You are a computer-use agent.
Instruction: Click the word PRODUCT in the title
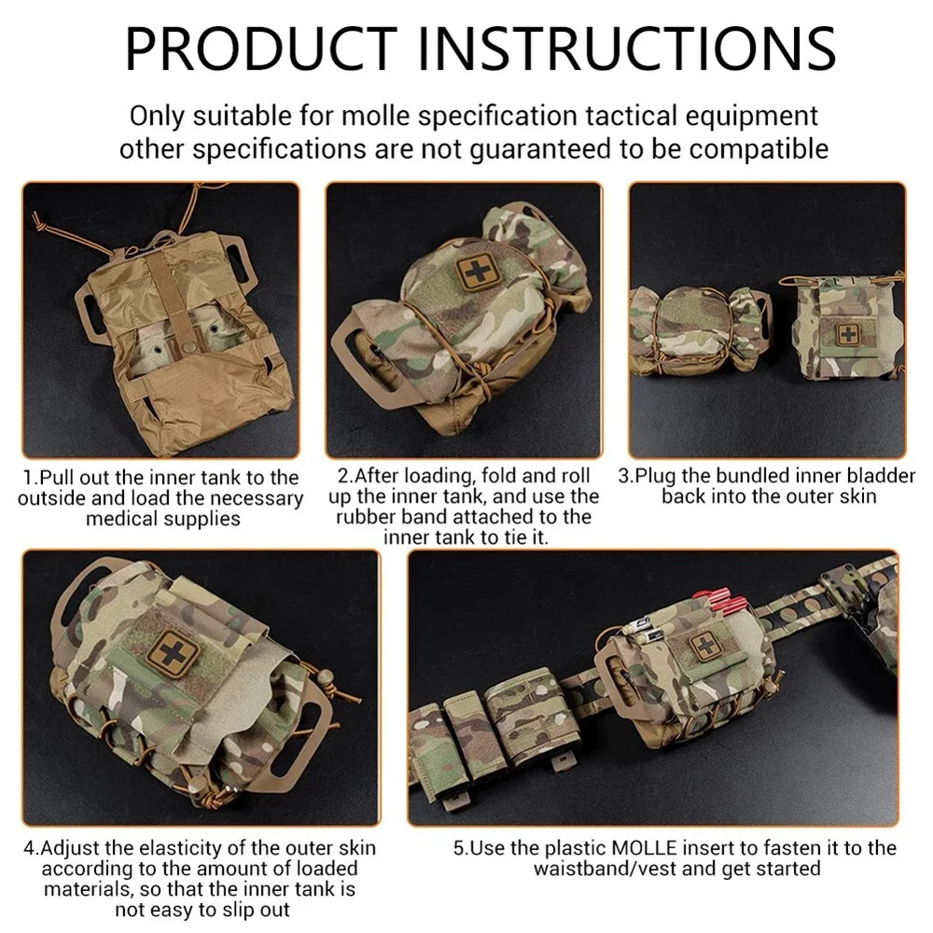260,49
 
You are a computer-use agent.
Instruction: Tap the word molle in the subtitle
376,116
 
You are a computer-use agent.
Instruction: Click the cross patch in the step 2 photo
476,272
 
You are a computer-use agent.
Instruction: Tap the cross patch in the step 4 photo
172,653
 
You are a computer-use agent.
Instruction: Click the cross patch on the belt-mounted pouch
703,646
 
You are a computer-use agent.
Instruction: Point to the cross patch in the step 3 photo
847,334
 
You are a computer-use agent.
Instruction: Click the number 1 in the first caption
28,478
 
